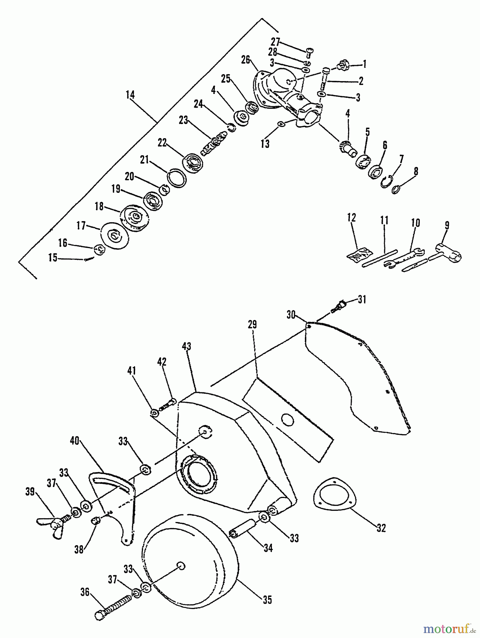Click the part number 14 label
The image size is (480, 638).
point(130,95)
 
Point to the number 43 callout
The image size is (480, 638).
point(186,346)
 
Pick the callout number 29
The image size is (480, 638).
point(252,325)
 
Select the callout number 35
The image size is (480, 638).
point(267,600)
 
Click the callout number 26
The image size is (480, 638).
point(246,58)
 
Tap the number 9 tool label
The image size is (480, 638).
point(447,225)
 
